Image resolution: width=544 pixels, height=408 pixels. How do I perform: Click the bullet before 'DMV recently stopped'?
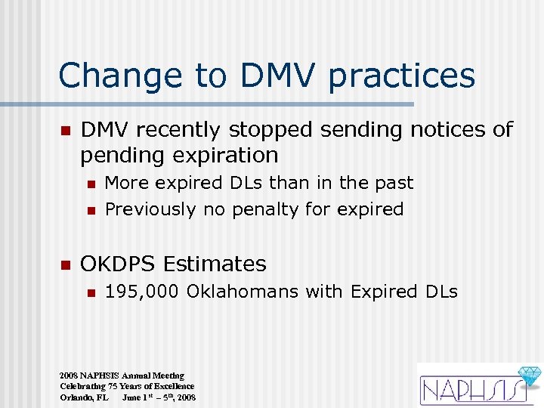(x=65, y=131)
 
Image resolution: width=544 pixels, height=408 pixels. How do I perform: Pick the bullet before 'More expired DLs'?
(x=90, y=184)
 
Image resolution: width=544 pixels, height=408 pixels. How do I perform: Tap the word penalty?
(x=265, y=209)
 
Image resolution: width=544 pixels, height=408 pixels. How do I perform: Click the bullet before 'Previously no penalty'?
(x=90, y=209)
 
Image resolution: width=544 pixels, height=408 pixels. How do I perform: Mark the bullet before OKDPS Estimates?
(x=65, y=264)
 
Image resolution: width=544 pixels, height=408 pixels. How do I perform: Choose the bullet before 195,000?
(x=90, y=292)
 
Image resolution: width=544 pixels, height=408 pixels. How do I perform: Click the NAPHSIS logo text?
(x=468, y=389)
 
